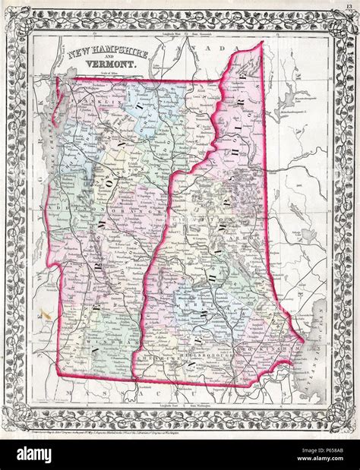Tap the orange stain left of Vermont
pos(47,312)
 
